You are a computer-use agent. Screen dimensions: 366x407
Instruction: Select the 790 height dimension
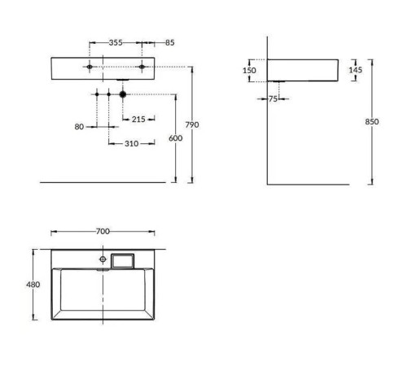click(x=193, y=124)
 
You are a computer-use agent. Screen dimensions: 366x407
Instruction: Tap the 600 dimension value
click(x=175, y=138)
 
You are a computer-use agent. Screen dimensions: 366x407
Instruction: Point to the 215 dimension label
click(x=138, y=120)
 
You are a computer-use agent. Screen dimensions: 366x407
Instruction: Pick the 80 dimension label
click(x=79, y=126)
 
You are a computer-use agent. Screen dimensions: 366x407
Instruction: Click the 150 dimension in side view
click(x=250, y=71)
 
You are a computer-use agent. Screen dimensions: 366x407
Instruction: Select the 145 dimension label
click(x=355, y=70)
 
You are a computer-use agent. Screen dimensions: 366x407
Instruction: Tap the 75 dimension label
click(x=274, y=99)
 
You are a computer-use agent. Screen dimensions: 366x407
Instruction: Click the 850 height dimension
click(x=372, y=122)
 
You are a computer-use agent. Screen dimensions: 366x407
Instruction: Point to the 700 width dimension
click(x=103, y=232)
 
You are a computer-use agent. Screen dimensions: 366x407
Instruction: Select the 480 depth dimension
click(x=33, y=284)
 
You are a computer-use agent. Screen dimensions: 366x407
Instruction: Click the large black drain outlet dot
click(x=122, y=95)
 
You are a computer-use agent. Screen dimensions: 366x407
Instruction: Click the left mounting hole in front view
click(x=90, y=66)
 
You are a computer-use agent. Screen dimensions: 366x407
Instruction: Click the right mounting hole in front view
click(x=141, y=66)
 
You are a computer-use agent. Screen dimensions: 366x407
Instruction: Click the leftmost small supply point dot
click(x=96, y=95)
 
